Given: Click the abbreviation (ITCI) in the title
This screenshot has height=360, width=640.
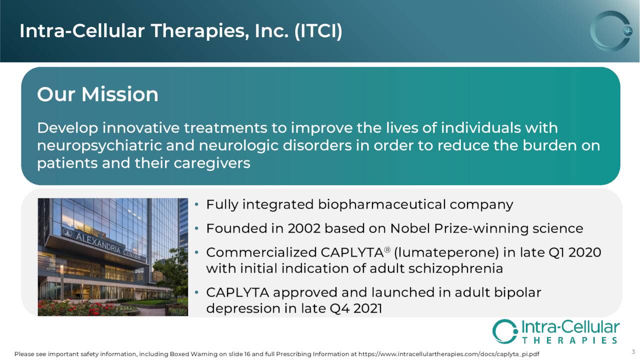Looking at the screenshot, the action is (318, 31).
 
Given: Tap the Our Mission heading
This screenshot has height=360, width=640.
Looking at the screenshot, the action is (97, 94).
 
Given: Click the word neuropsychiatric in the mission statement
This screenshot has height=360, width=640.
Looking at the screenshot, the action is (99, 145).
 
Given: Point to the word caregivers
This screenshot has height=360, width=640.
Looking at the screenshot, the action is (211, 163).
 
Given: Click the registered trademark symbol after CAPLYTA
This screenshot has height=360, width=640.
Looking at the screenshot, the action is (387, 249).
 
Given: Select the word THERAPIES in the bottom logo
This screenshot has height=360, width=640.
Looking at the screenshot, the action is (570, 340).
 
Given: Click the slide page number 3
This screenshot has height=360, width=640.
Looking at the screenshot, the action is (633, 351).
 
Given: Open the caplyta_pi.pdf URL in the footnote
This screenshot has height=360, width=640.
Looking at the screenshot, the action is (449, 354).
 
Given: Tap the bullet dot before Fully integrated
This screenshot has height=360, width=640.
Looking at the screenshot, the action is (196, 204).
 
